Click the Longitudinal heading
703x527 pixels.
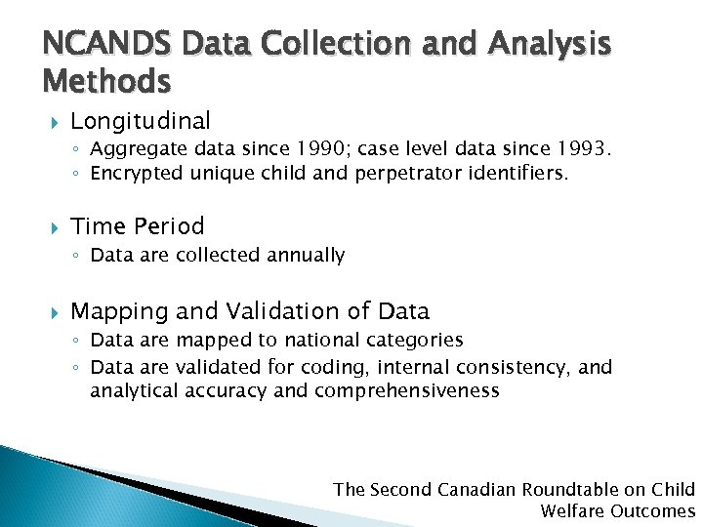pos(141,121)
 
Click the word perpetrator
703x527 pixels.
pos(408,174)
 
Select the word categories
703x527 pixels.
pos(418,341)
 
